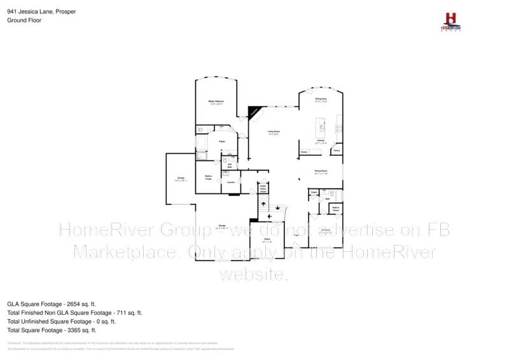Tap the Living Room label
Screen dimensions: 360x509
[274, 131]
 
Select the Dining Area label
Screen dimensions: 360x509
[321, 99]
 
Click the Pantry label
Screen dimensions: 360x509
[336, 151]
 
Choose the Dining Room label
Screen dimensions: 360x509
[320, 170]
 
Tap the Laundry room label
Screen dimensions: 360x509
[231, 182]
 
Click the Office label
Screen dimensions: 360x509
[268, 239]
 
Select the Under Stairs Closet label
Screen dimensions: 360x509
[263, 188]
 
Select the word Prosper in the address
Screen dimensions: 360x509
[66, 12]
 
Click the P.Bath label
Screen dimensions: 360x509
[221, 141]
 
